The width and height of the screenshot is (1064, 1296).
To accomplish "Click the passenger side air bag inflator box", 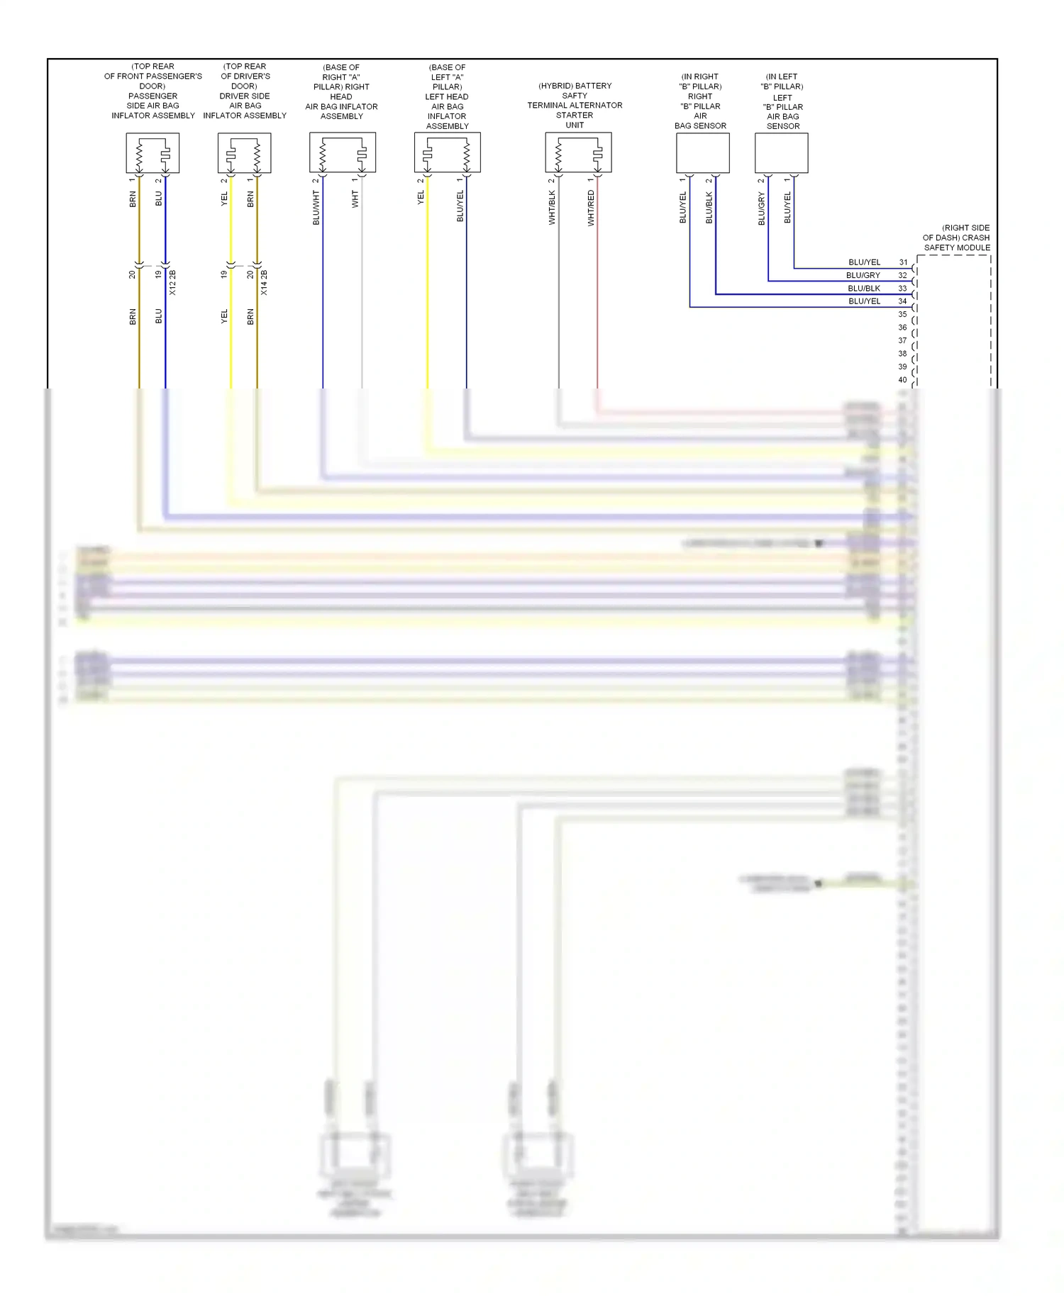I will point(153,152).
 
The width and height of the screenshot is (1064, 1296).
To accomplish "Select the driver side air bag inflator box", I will point(244,152).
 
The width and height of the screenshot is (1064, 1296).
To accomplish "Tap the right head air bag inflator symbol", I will point(343,152).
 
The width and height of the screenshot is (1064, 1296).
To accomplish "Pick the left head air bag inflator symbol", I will point(447,152).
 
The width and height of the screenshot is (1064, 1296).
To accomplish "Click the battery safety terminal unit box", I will point(578,152).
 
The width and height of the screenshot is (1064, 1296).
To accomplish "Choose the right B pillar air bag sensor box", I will point(702,152).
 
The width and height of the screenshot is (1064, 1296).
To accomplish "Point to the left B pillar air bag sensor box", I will point(781,152).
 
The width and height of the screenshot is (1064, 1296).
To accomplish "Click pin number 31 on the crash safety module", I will point(903,262).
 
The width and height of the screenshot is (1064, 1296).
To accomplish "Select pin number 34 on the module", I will point(903,301).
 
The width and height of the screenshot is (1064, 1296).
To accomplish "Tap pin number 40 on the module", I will point(902,380).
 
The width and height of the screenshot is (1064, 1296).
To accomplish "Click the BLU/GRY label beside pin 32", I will point(863,275).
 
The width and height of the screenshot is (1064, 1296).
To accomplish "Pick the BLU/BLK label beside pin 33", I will point(863,289).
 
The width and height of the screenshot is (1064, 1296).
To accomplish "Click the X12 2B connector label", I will point(172,282).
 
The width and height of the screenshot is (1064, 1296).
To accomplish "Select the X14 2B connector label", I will point(264,282).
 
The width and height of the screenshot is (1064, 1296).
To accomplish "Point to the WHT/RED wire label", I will point(591,208).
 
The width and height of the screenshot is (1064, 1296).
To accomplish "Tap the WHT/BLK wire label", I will point(552,208).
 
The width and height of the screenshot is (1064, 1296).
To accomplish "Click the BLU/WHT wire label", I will point(316,208).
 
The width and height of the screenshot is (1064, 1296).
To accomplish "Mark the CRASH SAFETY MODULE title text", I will point(956,238).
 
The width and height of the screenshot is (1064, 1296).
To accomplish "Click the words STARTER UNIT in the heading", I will point(575,120).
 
